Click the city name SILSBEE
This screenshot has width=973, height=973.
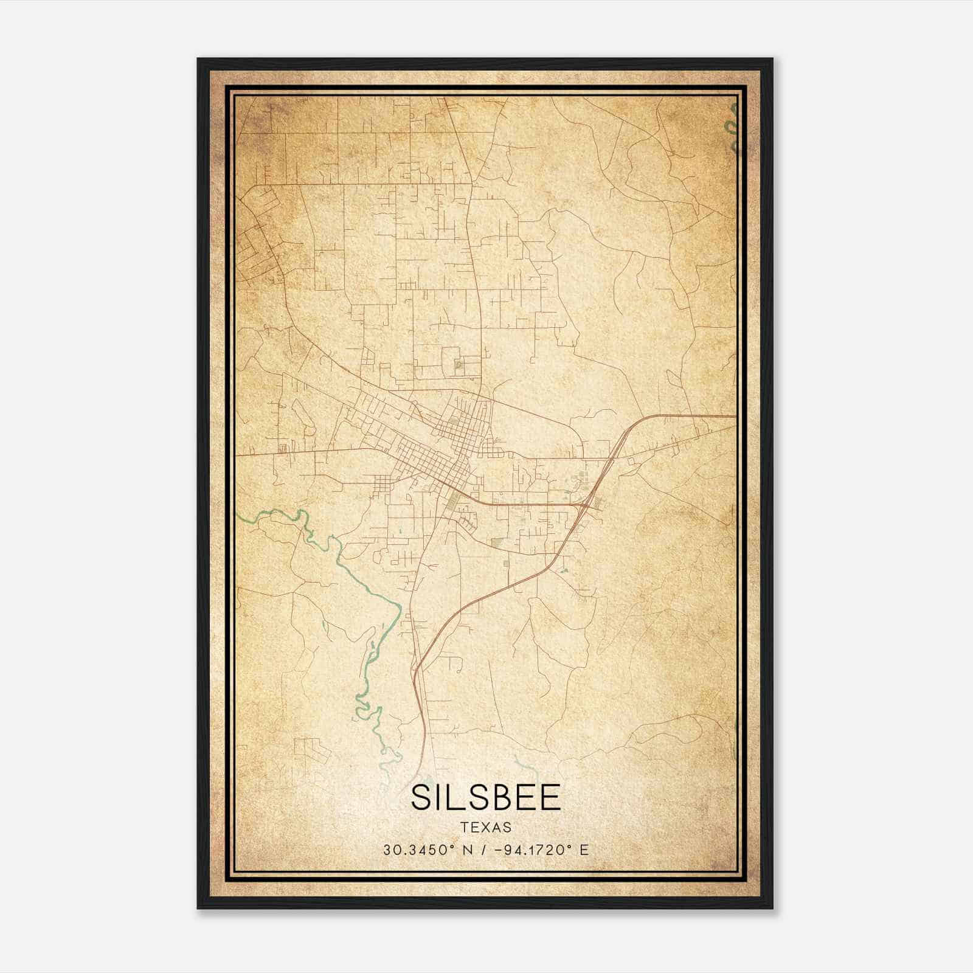[x=485, y=797]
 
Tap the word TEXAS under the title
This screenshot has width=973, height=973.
[x=485, y=828]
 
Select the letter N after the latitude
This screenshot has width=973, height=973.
[x=468, y=850]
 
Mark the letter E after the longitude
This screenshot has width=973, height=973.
[x=584, y=850]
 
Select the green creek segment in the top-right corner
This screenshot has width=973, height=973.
[x=731, y=128]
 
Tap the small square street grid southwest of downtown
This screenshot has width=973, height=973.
[x=383, y=485]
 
